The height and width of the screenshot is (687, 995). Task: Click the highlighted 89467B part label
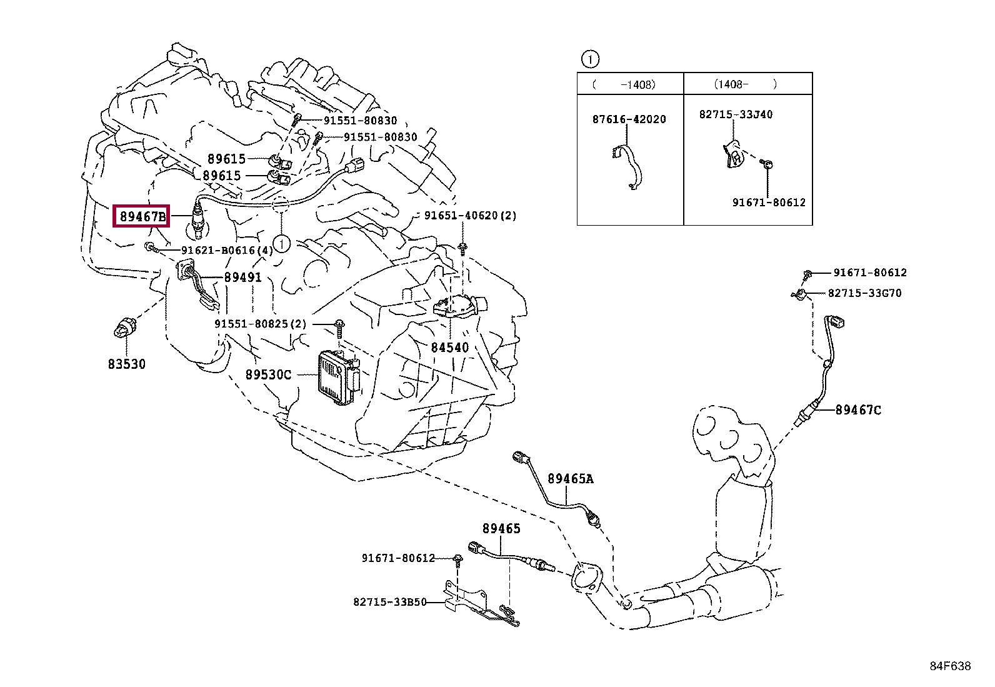pyautogui.click(x=142, y=217)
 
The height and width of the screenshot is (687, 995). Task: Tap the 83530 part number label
pyautogui.click(x=126, y=364)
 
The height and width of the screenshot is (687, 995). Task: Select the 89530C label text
pyautogui.click(x=268, y=374)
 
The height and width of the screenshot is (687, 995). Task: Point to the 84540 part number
pyautogui.click(x=449, y=348)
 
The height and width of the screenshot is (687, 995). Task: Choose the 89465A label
pyautogui.click(x=570, y=479)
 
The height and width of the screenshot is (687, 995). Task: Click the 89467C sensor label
pyautogui.click(x=858, y=410)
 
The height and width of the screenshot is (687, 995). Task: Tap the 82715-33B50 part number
pyautogui.click(x=389, y=602)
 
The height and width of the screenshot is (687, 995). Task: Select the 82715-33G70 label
pyautogui.click(x=864, y=293)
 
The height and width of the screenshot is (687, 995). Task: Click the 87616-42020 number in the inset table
pyautogui.click(x=629, y=119)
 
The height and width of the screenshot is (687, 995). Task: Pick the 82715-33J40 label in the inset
pyautogui.click(x=736, y=114)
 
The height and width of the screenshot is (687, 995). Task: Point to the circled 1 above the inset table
pyautogui.click(x=589, y=59)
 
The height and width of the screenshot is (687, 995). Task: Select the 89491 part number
pyautogui.click(x=242, y=277)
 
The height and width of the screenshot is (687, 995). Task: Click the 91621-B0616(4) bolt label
pyautogui.click(x=227, y=250)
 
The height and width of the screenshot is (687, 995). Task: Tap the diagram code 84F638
pyautogui.click(x=950, y=666)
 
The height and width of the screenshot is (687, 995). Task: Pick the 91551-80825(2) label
pyautogui.click(x=261, y=324)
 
